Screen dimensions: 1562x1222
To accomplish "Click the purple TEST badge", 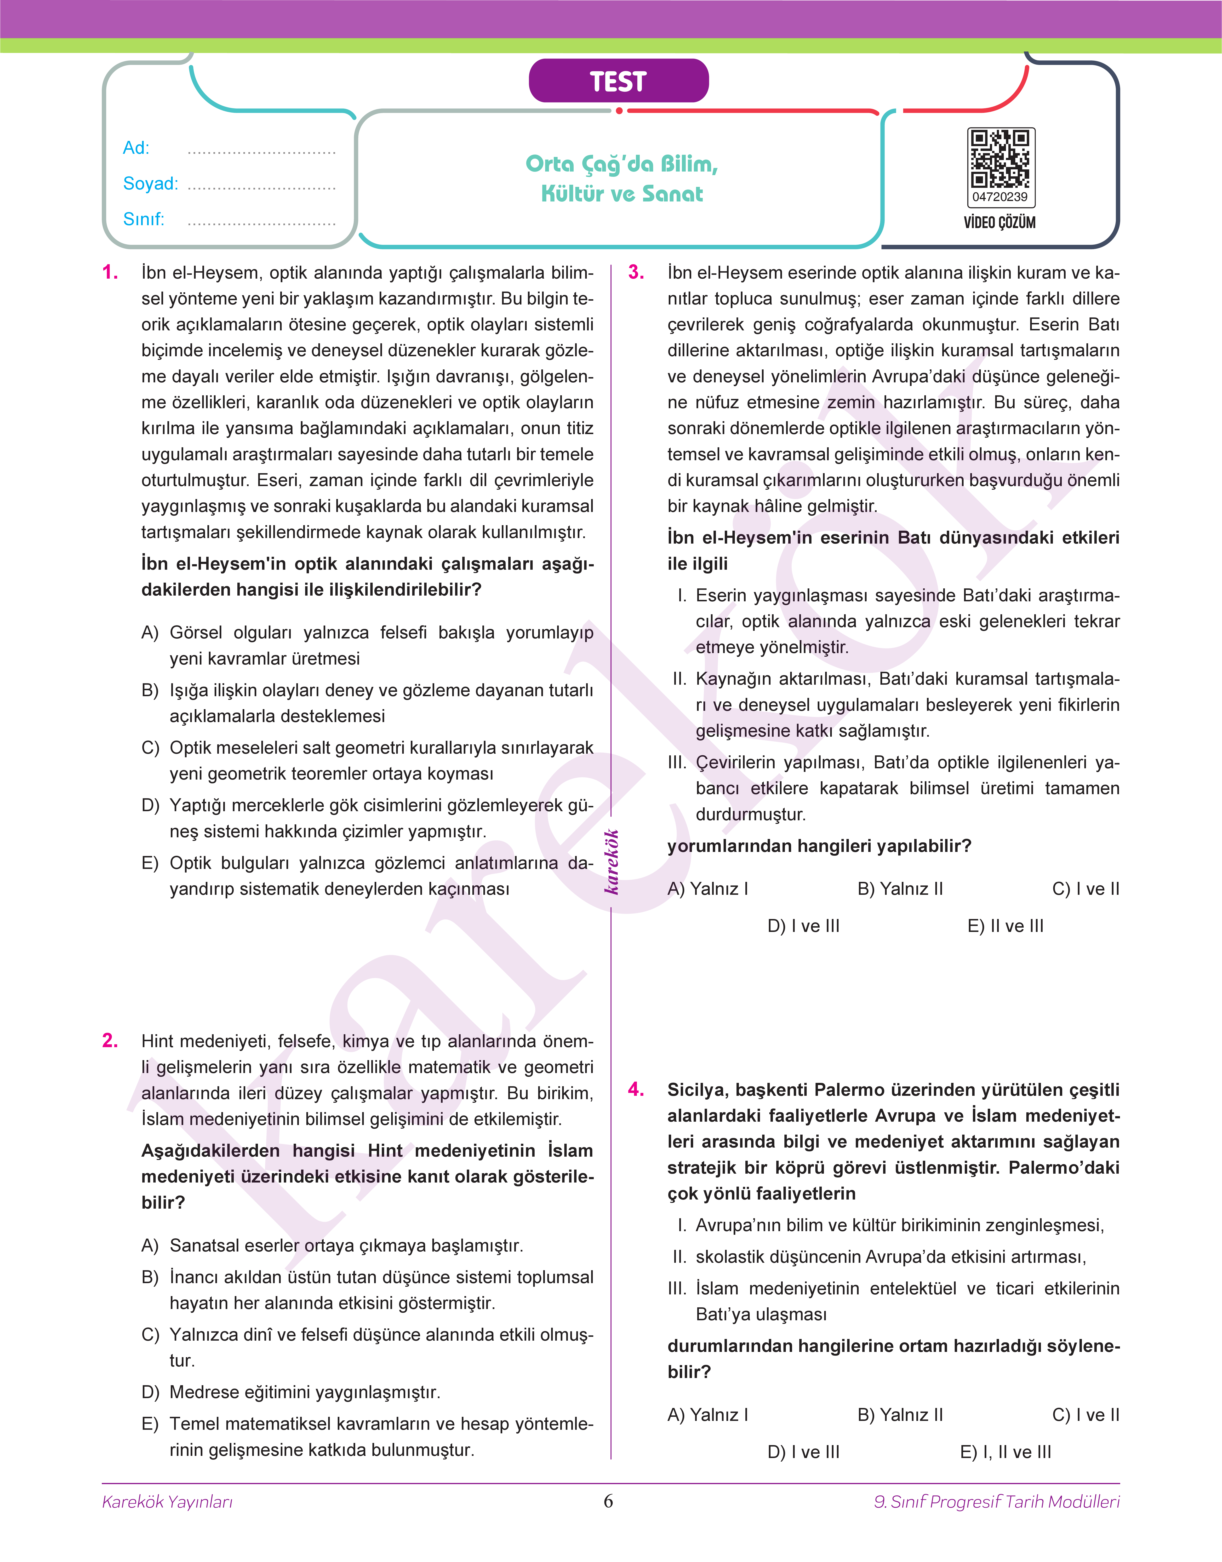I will (618, 81).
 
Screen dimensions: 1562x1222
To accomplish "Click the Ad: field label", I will (136, 148).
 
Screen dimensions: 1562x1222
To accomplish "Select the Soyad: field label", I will (150, 184).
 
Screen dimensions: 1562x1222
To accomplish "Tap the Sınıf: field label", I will (143, 219).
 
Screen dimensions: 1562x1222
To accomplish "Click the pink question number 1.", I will (110, 273).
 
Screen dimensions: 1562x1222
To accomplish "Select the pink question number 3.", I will (636, 273).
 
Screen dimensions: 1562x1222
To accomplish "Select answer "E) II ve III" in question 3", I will (1005, 926).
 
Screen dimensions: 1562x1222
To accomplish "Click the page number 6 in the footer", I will (609, 1501).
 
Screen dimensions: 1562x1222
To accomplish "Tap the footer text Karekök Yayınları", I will (167, 1502).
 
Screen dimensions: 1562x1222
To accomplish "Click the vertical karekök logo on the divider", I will (612, 862).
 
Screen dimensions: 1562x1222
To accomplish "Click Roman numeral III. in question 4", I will (677, 1289).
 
